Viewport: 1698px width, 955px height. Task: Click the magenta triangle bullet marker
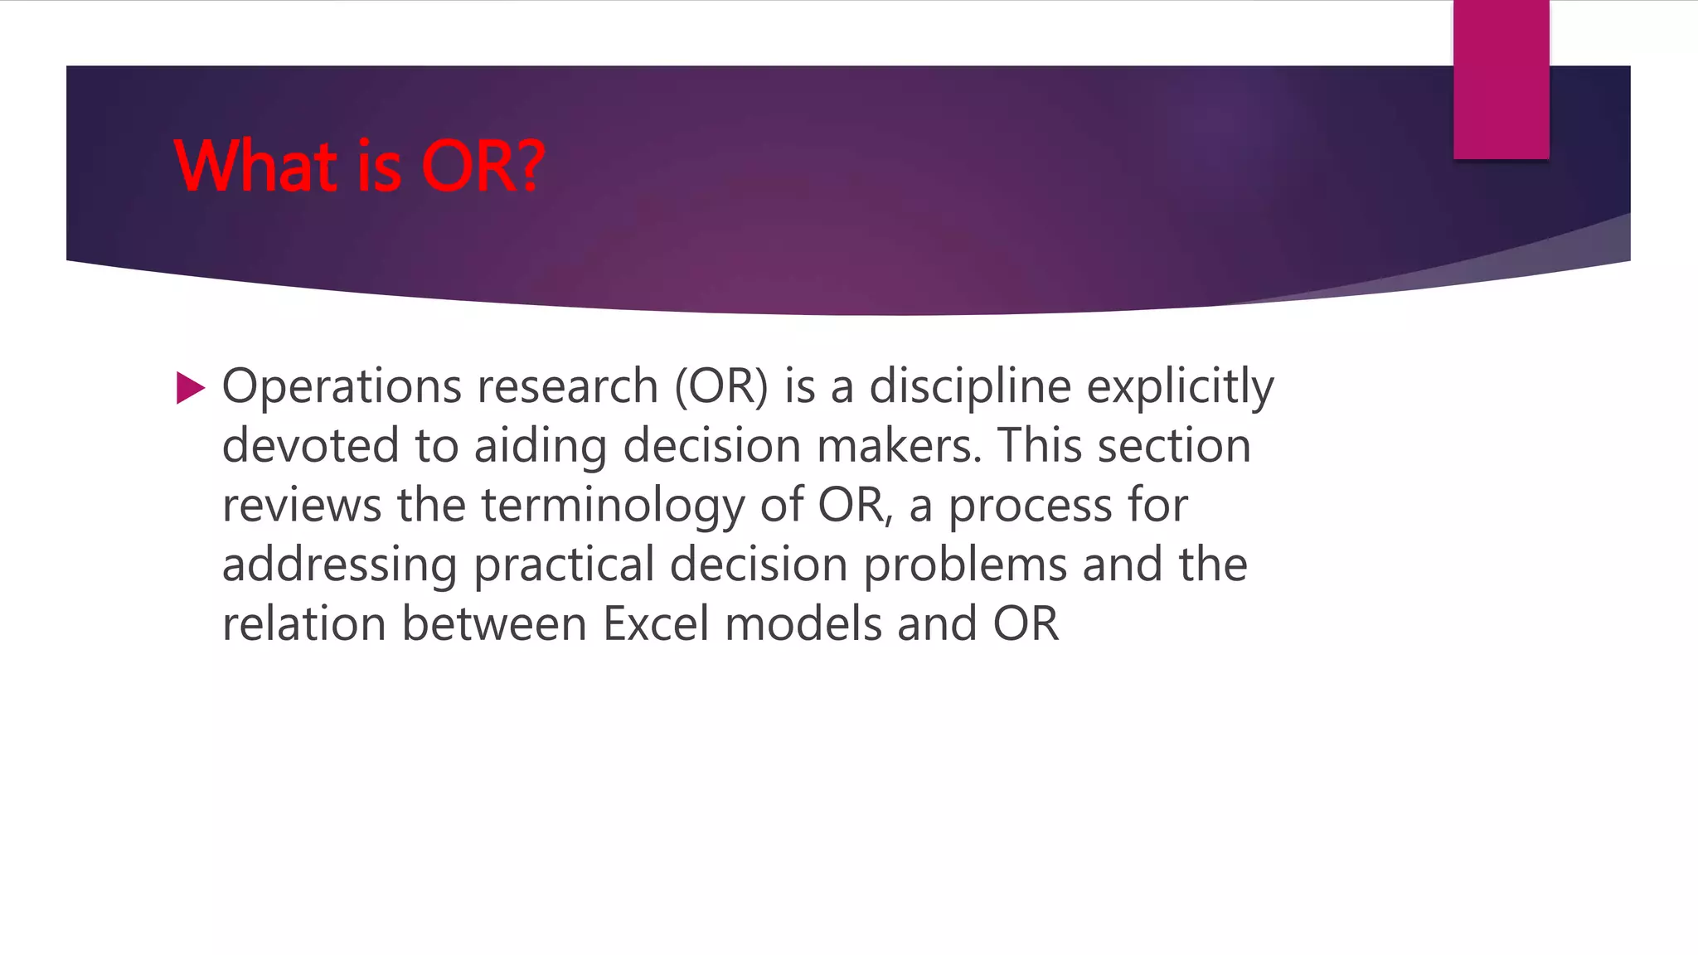click(190, 388)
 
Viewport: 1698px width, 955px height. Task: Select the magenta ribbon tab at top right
click(1501, 80)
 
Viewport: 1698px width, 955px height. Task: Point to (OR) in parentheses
click(721, 387)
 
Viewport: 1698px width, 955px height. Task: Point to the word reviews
click(302, 506)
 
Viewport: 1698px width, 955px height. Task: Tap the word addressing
click(340, 565)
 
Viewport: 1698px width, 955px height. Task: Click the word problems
click(965, 565)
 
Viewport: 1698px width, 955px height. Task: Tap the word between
click(494, 624)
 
